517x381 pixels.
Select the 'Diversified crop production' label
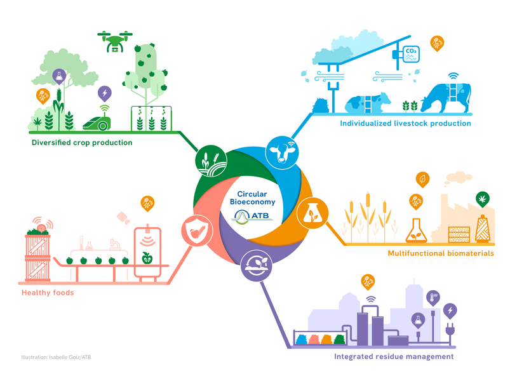82,143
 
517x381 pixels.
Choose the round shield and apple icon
194,229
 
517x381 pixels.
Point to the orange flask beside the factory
416,230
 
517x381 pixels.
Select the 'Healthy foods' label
48,293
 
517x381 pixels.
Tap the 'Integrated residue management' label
394,357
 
